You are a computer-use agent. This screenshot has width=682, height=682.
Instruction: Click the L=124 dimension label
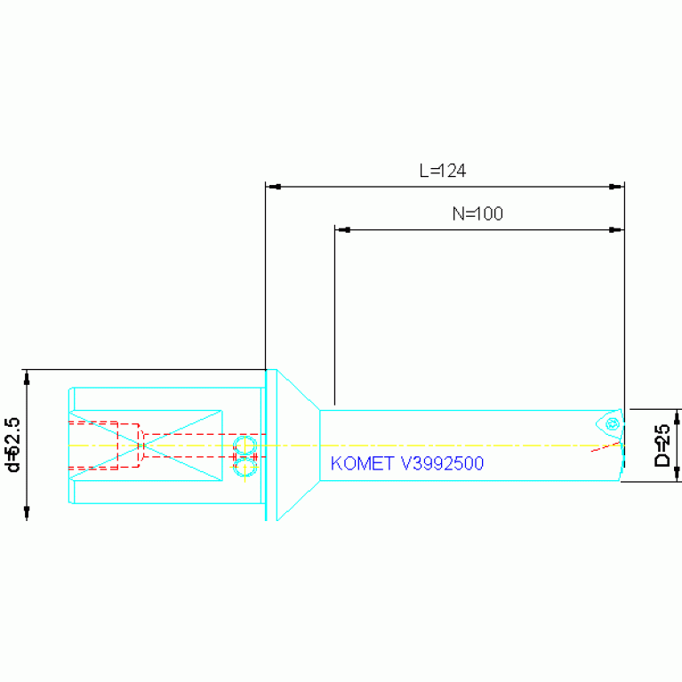point(443,171)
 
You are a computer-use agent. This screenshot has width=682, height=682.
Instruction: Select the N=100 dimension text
point(477,213)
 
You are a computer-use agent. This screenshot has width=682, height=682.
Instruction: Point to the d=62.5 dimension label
point(12,445)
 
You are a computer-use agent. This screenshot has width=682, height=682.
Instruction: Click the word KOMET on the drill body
point(360,463)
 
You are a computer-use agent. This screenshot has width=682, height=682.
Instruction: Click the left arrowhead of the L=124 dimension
point(274,187)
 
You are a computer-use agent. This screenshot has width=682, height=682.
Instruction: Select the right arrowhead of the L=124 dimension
point(615,187)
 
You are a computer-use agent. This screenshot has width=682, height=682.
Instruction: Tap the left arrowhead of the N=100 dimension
point(342,229)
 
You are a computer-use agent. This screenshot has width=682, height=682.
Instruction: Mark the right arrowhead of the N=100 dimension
point(615,229)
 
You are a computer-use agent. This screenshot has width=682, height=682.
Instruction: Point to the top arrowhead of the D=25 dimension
point(678,416)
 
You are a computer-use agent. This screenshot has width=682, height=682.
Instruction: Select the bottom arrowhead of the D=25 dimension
point(678,474)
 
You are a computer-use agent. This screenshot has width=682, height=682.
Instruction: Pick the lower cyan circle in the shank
point(245,465)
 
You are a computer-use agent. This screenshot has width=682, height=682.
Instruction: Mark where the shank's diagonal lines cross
point(145,445)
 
